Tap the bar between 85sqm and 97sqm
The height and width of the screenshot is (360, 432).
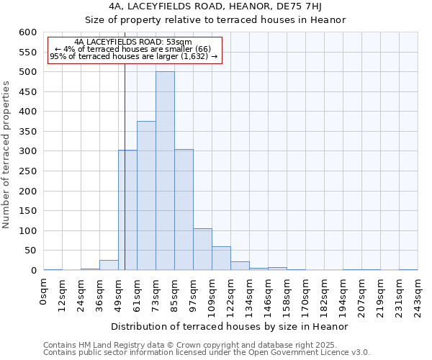pyautogui.click(x=184, y=210)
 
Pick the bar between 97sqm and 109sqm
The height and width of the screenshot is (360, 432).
pyautogui.click(x=202, y=249)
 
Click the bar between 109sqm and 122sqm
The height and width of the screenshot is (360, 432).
pyautogui.click(x=221, y=258)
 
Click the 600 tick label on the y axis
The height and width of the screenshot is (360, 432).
pyautogui.click(x=27, y=32)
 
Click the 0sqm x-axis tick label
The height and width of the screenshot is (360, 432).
pyautogui.click(x=44, y=291)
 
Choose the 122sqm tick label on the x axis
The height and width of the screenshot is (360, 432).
pyautogui.click(x=231, y=294)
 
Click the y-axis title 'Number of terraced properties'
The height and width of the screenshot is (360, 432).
pyautogui.click(x=6, y=155)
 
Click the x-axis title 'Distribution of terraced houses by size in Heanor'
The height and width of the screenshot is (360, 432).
pyautogui.click(x=230, y=326)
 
